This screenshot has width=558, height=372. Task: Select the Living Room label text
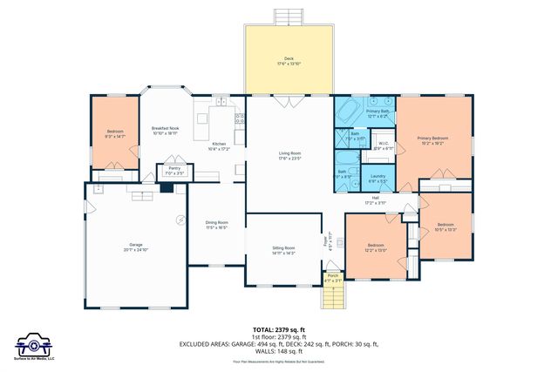tap(289, 156)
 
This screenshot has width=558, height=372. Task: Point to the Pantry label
tap(174, 171)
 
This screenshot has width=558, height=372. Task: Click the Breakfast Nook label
tap(166, 131)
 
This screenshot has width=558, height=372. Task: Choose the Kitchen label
tap(218, 146)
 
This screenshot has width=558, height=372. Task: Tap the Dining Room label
tap(216, 225)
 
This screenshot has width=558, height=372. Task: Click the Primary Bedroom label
tap(432, 140)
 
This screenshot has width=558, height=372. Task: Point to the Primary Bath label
tap(378, 113)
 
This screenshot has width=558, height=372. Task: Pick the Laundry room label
tap(378, 179)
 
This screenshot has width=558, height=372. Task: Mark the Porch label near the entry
tap(333, 278)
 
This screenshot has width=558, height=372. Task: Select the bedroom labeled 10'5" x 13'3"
tap(446, 227)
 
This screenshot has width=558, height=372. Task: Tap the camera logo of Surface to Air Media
tap(35, 342)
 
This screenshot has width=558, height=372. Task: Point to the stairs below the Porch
tap(333, 298)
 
